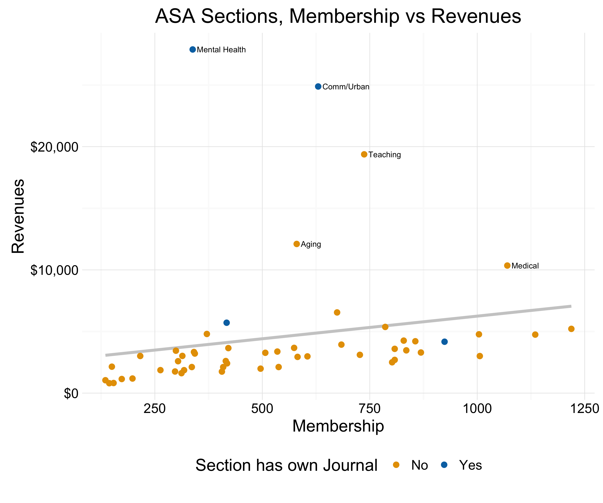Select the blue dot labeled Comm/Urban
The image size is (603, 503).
click(318, 87)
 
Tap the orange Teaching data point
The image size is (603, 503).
click(364, 154)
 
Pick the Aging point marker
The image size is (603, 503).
click(297, 244)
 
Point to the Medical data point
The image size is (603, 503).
click(507, 266)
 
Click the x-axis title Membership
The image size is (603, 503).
click(338, 426)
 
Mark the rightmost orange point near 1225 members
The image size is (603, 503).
click(571, 329)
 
